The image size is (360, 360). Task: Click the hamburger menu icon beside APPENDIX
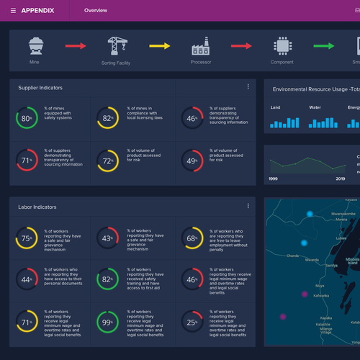click(x=13, y=11)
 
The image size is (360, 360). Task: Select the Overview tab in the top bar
click(x=95, y=11)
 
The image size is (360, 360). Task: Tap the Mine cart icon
click(x=35, y=46)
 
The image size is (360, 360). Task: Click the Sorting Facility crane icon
click(x=115, y=46)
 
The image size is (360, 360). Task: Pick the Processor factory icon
click(x=201, y=46)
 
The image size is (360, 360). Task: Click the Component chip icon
click(x=282, y=46)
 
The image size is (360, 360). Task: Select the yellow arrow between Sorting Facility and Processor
click(x=159, y=46)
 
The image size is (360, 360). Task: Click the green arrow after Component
click(x=323, y=46)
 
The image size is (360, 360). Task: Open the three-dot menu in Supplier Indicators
click(x=248, y=87)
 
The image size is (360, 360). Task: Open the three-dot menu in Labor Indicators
click(x=248, y=206)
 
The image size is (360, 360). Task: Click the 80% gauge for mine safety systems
click(x=27, y=119)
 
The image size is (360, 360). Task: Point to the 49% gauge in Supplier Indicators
click(x=191, y=161)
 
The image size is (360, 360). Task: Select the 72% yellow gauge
click(x=108, y=161)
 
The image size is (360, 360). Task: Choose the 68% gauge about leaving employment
click(x=191, y=238)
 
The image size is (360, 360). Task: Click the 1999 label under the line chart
click(x=274, y=178)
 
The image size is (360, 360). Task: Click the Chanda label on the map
click(x=292, y=255)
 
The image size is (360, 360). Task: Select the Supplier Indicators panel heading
click(x=40, y=88)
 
